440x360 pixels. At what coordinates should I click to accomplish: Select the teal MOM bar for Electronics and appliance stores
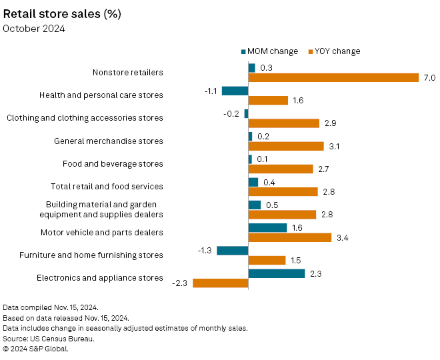(x=276, y=273)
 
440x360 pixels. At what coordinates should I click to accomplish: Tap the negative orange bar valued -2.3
(x=220, y=283)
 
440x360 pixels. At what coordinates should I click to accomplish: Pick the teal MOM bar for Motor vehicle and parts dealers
(x=267, y=228)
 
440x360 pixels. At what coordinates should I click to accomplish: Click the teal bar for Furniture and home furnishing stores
(x=233, y=251)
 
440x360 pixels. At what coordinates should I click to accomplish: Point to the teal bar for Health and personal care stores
(x=235, y=91)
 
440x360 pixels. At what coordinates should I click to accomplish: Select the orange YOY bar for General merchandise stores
(x=285, y=146)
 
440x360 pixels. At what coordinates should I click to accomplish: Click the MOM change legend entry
(x=269, y=51)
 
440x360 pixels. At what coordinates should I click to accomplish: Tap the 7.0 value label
(x=429, y=78)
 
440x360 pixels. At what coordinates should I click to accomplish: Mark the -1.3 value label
(x=205, y=251)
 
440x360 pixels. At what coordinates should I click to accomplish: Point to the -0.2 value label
(x=232, y=114)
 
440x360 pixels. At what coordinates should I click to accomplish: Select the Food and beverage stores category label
(x=113, y=164)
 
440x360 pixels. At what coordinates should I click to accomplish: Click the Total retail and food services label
(x=107, y=187)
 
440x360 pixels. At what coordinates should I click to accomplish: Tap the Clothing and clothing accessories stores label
(x=85, y=118)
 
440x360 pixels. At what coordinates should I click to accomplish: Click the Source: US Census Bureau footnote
(x=48, y=339)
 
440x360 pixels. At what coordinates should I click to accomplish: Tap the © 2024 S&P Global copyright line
(x=37, y=349)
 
